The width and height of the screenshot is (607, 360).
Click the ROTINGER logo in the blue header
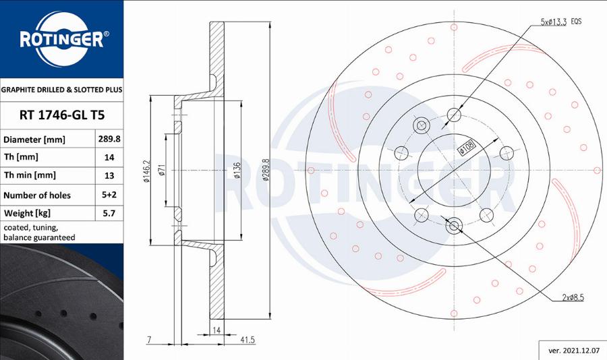tap(61, 38)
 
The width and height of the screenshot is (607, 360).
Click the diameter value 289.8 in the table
tap(109, 140)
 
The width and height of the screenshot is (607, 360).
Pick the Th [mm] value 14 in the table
tap(109, 158)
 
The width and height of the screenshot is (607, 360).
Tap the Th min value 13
tap(109, 176)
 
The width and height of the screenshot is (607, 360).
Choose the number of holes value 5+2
tap(109, 196)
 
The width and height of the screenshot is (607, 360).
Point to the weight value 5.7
tap(109, 214)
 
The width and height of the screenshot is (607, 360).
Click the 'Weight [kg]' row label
tap(27, 214)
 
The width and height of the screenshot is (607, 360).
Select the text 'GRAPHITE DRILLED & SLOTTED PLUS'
tap(61, 89)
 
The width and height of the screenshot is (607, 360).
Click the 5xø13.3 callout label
tap(554, 22)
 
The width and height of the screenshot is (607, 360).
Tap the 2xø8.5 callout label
tap(571, 297)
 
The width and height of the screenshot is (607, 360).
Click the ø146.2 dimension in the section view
tap(146, 172)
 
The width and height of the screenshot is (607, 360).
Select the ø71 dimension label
tap(163, 172)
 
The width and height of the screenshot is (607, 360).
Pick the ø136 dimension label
tap(237, 172)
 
